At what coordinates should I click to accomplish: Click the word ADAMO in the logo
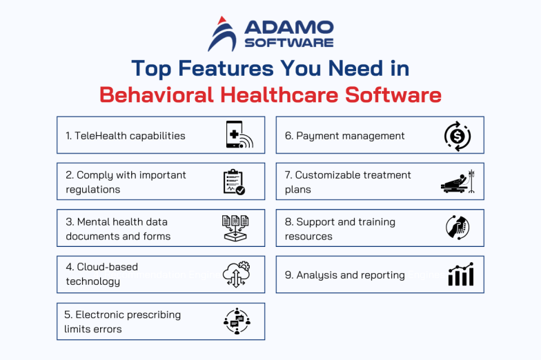288,28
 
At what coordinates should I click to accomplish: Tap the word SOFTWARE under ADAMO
288,43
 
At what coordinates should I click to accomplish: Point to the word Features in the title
216,68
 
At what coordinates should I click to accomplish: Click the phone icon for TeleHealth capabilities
239,135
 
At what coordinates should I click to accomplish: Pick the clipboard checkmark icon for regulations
234,181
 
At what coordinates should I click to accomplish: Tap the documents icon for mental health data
235,228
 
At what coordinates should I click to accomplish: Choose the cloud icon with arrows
235,274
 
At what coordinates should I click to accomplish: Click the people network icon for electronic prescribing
237,321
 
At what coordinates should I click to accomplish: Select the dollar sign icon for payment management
457,136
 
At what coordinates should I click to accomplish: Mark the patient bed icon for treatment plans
457,182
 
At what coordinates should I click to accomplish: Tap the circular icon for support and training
458,228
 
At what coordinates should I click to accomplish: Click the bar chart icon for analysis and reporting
460,274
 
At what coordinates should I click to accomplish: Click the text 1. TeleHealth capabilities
126,136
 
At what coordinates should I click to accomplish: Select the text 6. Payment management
344,136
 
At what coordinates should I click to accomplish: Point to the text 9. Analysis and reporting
344,274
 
